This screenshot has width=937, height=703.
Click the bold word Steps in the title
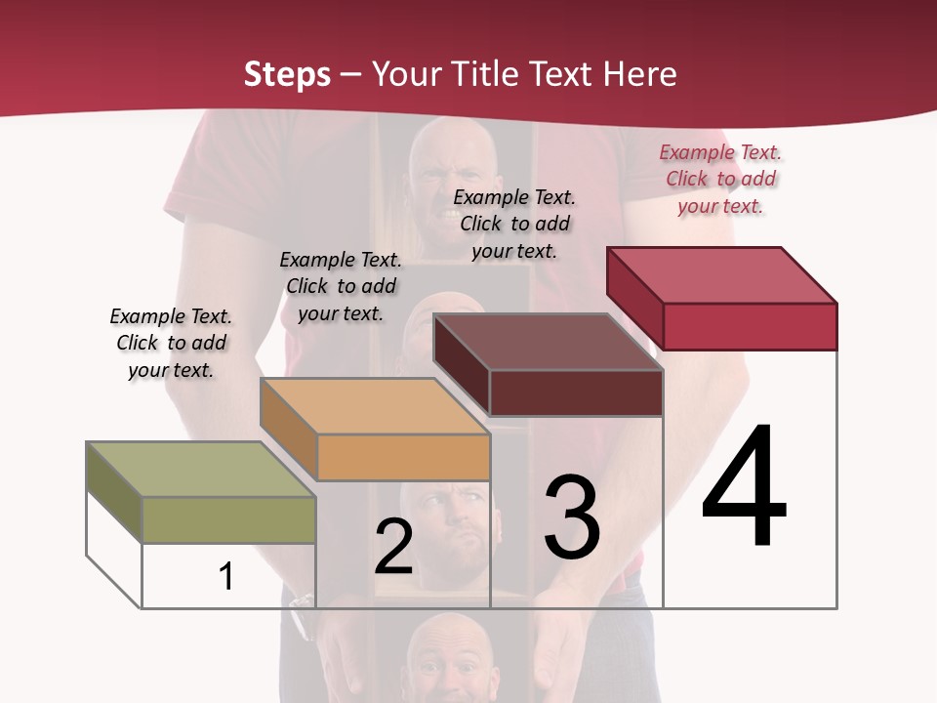click(x=287, y=74)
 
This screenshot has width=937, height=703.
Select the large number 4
click(x=744, y=488)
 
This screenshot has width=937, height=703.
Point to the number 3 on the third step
click(x=572, y=517)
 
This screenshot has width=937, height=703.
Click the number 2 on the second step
click(x=393, y=547)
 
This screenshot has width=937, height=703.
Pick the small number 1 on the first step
click(x=226, y=576)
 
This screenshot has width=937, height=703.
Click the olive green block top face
click(x=200, y=469)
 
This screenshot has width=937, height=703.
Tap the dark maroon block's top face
click(x=548, y=342)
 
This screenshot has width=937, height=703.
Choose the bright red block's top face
click(x=721, y=275)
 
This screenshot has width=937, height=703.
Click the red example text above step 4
click(x=720, y=179)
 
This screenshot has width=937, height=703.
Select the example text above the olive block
click(x=171, y=343)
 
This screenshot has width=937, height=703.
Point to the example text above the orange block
click(x=341, y=286)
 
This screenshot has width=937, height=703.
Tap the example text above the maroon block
click(x=514, y=224)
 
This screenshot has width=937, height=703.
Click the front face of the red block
click(x=750, y=326)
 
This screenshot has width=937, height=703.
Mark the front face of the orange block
click(x=403, y=457)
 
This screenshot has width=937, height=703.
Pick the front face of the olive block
click(x=228, y=519)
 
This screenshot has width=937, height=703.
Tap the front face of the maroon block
click(x=576, y=393)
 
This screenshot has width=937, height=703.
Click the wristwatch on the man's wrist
click(x=302, y=614)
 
